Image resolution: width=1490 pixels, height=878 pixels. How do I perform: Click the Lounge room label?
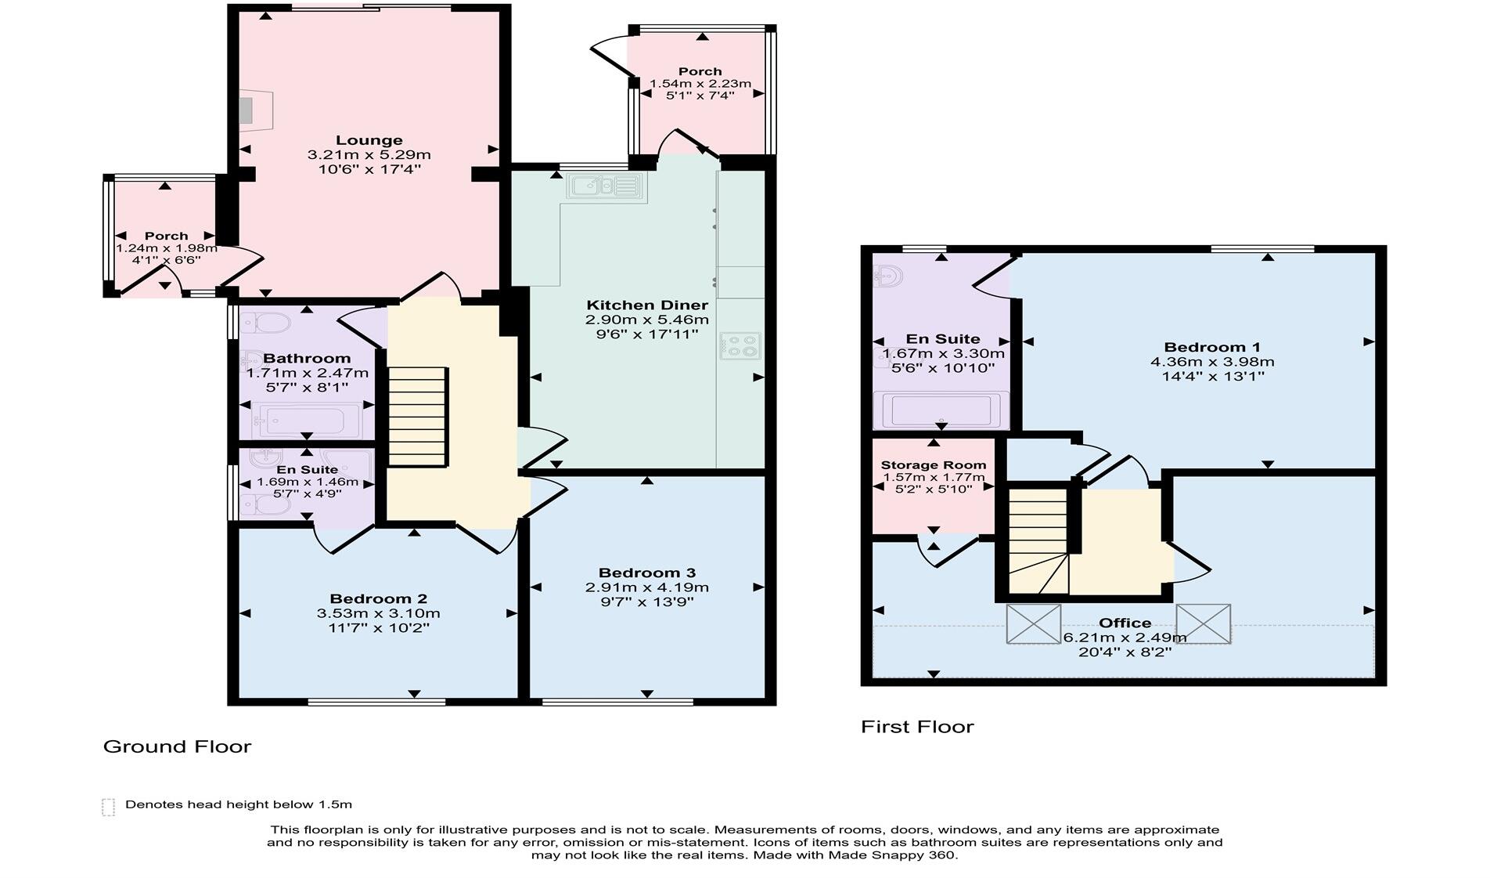point(369,141)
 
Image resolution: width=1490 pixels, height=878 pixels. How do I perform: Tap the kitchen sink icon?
point(604,186)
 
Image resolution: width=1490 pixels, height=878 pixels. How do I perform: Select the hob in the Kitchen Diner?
point(740,345)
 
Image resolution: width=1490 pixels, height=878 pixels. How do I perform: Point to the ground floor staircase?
point(418,417)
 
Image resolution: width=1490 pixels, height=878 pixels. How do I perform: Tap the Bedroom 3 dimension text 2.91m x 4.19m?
point(646,587)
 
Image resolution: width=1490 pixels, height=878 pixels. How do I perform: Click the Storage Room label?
point(933,464)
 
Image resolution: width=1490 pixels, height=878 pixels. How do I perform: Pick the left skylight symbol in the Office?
point(1034,623)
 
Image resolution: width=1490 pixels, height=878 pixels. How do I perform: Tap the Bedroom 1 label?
point(1211,347)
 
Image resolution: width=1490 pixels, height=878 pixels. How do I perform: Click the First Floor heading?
point(917,727)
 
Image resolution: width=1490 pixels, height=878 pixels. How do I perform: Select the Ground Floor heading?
point(177,746)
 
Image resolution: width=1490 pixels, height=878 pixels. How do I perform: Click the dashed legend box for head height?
point(108,807)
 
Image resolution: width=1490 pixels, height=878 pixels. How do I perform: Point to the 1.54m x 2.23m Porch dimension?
point(700,84)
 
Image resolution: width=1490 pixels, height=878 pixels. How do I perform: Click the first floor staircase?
point(1038,540)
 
